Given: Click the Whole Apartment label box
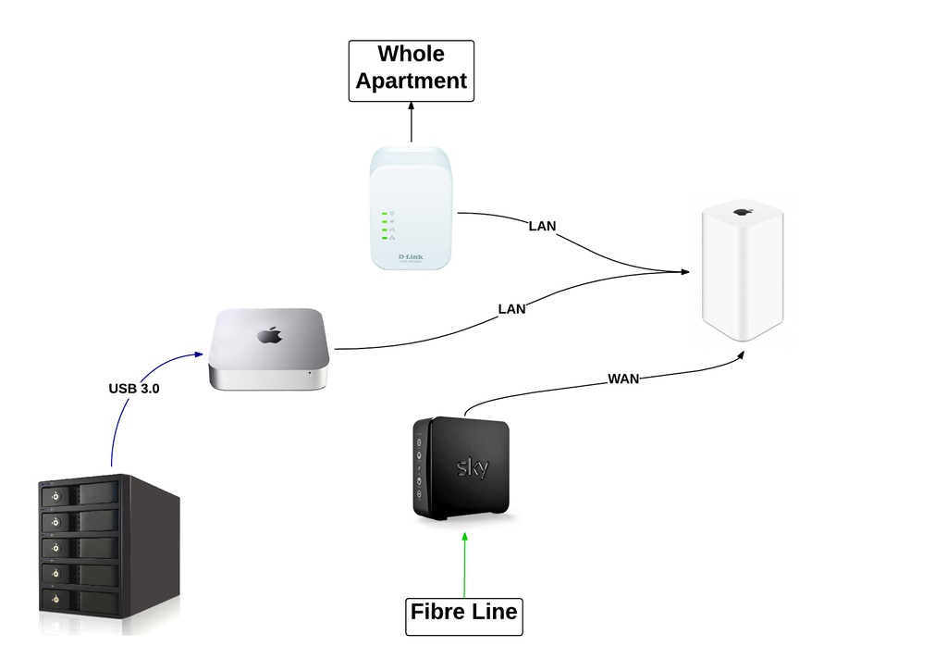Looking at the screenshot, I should pyautogui.click(x=411, y=69).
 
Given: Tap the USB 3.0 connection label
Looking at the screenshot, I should pyautogui.click(x=133, y=390).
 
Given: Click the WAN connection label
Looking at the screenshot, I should pyautogui.click(x=623, y=379).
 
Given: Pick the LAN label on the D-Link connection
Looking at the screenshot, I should pyautogui.click(x=542, y=226).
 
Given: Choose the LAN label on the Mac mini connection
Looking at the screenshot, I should pyautogui.click(x=511, y=309).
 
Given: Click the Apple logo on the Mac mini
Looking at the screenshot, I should pyautogui.click(x=268, y=334).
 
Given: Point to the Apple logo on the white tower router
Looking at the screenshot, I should pyautogui.click(x=742, y=213).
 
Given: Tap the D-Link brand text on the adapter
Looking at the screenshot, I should pyautogui.click(x=411, y=256).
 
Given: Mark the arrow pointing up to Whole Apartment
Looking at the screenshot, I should pyautogui.click(x=412, y=120).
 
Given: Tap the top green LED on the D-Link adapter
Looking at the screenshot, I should pyautogui.click(x=383, y=213).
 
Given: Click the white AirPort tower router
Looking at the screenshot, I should pyautogui.click(x=742, y=273).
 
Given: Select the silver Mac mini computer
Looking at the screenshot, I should pyautogui.click(x=268, y=349).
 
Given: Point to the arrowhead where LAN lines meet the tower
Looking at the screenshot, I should pyautogui.click(x=684, y=271).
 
